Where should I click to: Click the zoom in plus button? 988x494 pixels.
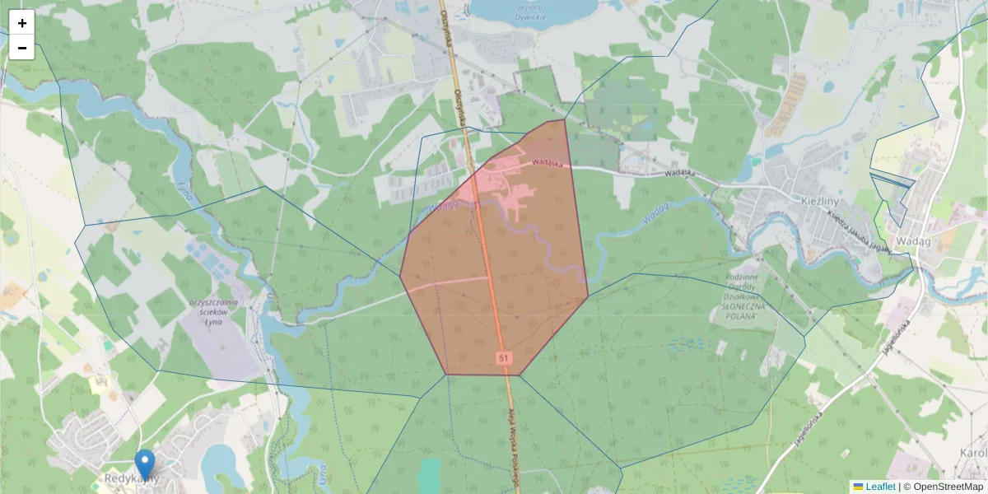(x=22, y=23)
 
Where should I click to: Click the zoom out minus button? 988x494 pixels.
(x=22, y=48)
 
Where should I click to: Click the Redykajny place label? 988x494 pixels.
(x=132, y=478)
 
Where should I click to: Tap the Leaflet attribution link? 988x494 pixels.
(x=880, y=487)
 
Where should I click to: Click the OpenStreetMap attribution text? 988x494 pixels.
(x=946, y=487)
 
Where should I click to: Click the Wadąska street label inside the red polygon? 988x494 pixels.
(x=547, y=163)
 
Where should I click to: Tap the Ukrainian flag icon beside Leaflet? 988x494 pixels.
(x=858, y=487)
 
